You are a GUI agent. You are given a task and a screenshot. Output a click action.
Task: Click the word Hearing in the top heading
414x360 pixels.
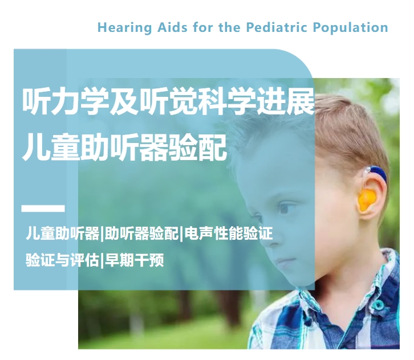125,28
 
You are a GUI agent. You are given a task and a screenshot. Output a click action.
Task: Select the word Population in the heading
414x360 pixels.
350,28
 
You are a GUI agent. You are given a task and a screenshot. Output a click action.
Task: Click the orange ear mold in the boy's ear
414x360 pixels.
367,199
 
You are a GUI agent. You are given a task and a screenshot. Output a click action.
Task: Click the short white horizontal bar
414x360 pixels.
43,208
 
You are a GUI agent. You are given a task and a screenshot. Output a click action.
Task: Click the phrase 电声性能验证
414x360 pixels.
229,233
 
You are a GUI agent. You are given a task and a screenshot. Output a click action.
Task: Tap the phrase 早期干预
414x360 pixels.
135,260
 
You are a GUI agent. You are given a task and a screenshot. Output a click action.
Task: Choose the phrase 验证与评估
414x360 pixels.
62,260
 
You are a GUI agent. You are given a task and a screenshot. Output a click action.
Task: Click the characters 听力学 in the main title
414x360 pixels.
66,101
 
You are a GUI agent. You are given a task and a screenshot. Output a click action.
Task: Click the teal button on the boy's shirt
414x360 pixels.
379,305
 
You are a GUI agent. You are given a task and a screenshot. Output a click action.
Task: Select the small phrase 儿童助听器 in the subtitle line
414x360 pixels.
63,233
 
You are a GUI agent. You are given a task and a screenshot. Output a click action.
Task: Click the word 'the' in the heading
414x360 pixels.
229,27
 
